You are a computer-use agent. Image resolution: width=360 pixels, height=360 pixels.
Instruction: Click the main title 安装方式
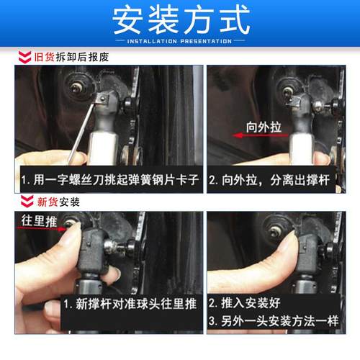tap(180, 22)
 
